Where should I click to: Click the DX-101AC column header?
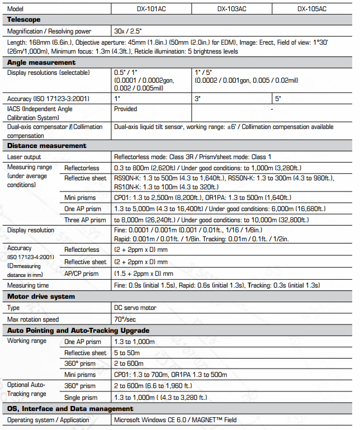point(151,9)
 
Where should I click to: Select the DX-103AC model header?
point(231,9)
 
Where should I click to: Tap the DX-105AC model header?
point(312,9)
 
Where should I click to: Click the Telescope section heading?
point(24,20)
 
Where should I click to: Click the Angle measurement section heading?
point(41,63)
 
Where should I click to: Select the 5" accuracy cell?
point(278,99)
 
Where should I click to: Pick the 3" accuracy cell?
point(197,99)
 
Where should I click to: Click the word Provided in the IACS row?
point(126,109)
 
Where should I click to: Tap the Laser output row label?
point(24,157)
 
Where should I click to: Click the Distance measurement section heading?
point(46,146)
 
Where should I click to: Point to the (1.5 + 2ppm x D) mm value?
point(143,274)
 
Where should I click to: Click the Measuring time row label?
point(29,285)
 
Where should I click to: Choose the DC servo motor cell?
point(135,308)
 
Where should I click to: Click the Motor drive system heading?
point(41,297)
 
